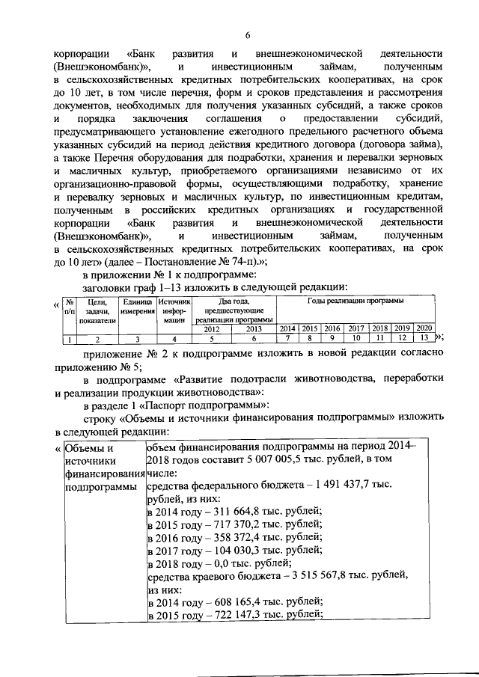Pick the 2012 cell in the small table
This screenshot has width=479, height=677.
point(212,329)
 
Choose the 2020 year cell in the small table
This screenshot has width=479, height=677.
point(424,329)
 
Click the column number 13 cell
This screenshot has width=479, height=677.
point(424,340)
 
